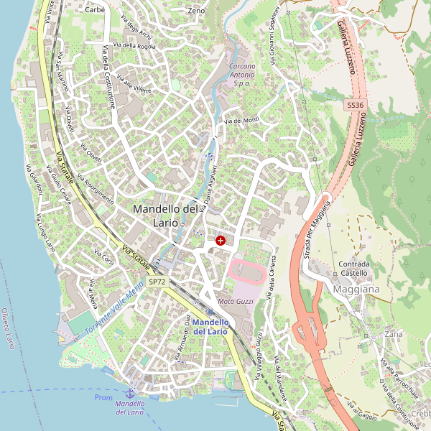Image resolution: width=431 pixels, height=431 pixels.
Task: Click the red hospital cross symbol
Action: click(x=220, y=241)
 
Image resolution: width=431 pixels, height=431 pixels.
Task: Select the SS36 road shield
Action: click(x=355, y=105)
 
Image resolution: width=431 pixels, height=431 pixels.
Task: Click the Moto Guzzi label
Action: click(x=236, y=301)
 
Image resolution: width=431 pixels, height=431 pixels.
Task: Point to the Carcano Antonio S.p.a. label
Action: click(x=242, y=75)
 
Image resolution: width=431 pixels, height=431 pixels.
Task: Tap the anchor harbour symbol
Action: click(x=130, y=394)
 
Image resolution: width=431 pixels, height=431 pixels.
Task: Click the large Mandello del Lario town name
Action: click(x=165, y=215)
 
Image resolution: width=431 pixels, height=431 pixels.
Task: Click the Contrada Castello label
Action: click(x=354, y=268)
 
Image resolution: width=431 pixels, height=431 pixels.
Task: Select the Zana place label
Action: click(x=394, y=334)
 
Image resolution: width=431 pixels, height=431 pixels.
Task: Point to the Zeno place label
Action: click(x=196, y=11)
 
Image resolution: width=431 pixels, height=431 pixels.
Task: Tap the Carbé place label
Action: click(x=95, y=10)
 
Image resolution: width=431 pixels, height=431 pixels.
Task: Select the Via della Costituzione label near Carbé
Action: click(x=109, y=76)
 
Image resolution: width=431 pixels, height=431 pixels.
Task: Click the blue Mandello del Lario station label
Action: click(x=210, y=327)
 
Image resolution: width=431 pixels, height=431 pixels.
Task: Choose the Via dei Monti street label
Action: click(x=241, y=121)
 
